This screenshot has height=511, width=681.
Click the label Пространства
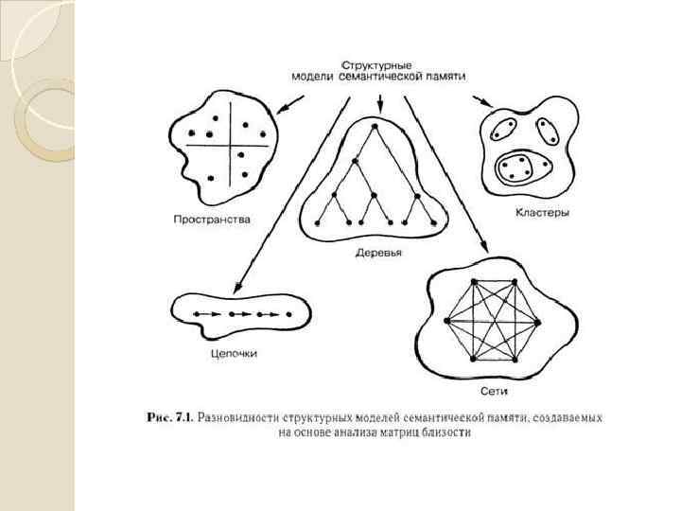212,220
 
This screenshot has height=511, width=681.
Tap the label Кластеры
542,214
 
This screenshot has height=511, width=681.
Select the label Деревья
378,253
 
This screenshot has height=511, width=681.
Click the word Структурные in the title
376,63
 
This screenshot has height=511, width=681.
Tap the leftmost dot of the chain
194,312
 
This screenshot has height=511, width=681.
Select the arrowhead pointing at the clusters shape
487,104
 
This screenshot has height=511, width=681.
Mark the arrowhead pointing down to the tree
379,107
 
